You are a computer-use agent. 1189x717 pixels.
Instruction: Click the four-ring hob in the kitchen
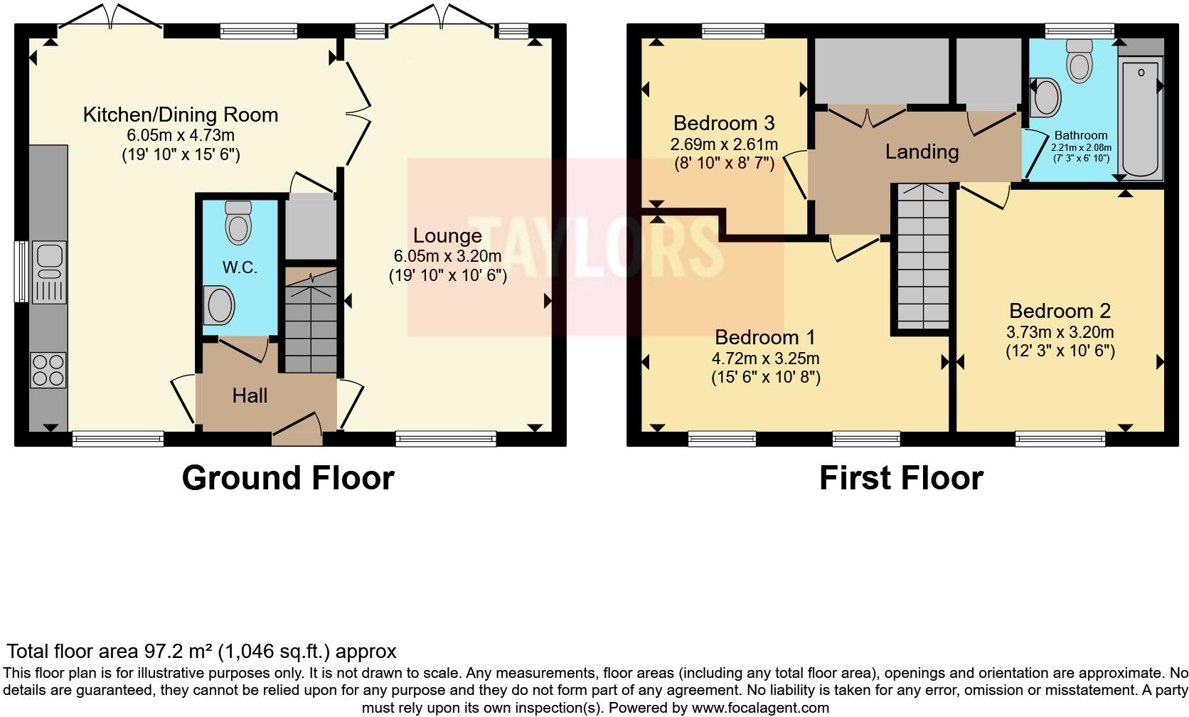pos(48,370)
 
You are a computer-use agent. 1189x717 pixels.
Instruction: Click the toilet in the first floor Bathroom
pos(1079,60)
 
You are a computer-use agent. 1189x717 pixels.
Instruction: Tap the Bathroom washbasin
pos(1046,97)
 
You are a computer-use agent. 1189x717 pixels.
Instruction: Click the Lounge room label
pos(447,235)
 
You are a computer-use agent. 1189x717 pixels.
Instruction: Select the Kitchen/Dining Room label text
pos(181,115)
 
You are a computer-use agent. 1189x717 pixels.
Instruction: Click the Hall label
pos(250,395)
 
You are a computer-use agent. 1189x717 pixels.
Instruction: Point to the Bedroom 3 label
pos(723,123)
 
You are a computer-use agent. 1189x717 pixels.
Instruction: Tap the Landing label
pos(922,152)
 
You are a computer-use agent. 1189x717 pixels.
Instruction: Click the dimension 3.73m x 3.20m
pos(1060,332)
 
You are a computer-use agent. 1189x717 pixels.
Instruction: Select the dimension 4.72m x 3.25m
pos(765,358)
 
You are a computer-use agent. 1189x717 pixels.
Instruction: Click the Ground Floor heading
pos(288,477)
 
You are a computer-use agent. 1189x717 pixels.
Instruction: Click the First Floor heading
pos(901,477)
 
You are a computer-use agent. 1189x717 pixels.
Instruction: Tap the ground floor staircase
pos(311,320)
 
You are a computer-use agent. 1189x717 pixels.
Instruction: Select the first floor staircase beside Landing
pos(922,256)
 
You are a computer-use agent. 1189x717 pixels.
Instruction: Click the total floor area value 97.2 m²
pos(178,651)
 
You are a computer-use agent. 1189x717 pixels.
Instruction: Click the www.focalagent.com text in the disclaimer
pos(760,708)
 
